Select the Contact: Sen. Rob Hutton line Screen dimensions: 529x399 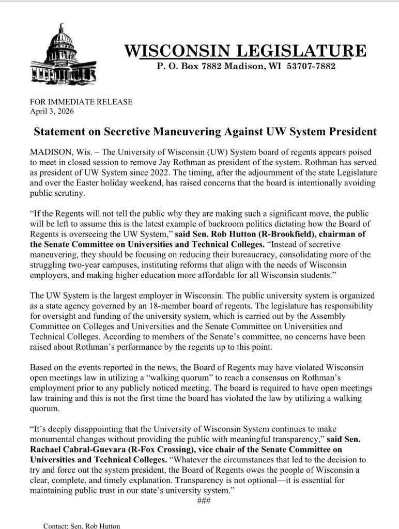81,525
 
